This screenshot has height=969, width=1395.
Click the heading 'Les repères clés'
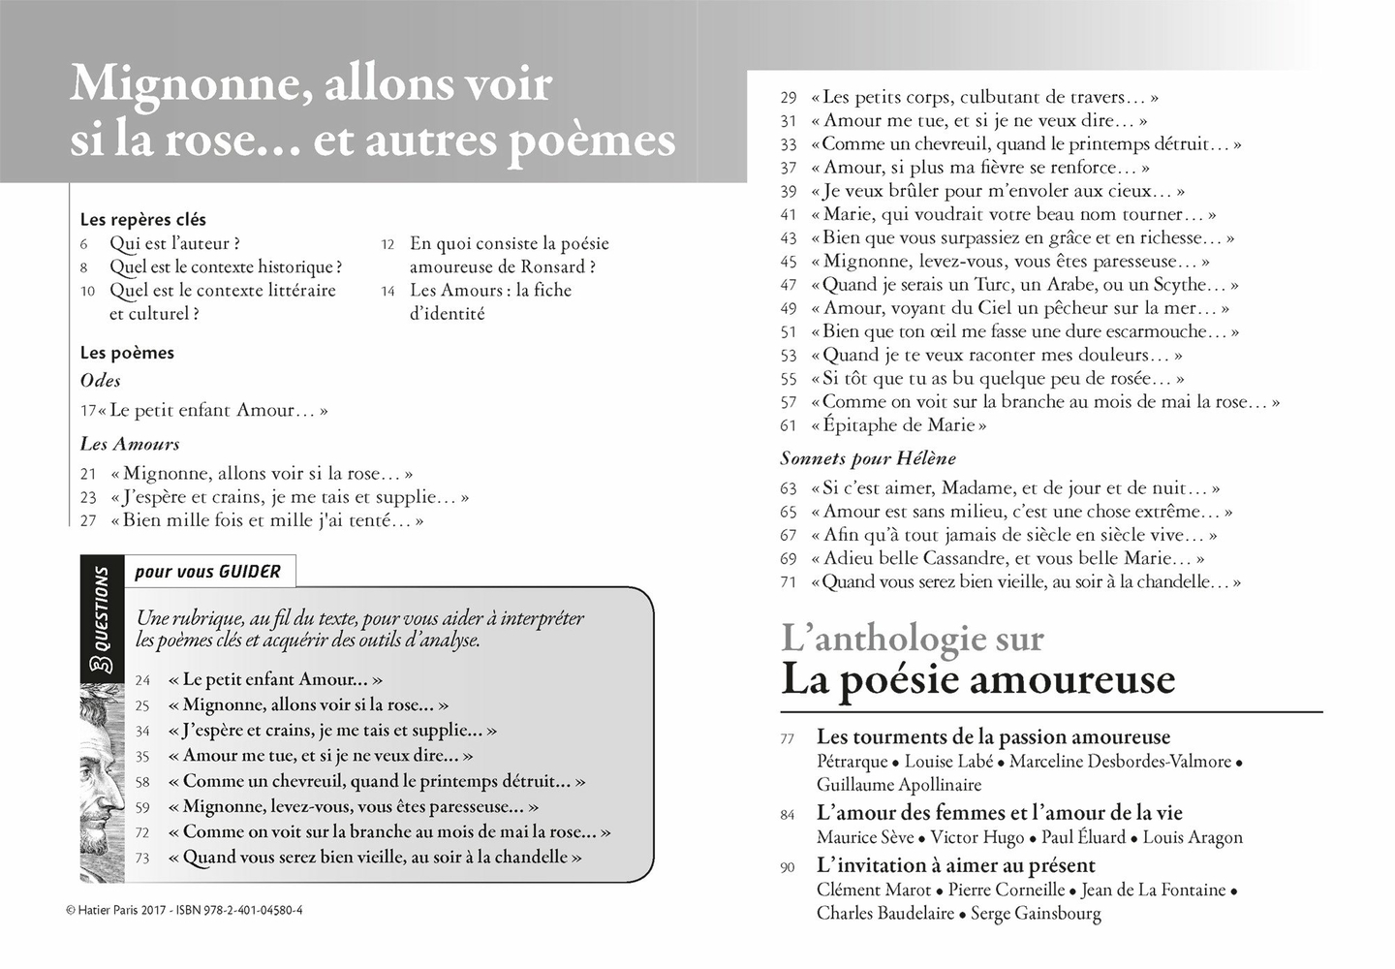point(142,220)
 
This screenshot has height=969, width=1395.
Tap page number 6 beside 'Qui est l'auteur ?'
point(84,244)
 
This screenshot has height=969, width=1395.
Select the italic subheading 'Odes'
point(100,381)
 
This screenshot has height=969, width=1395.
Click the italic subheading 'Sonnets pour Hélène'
point(867,458)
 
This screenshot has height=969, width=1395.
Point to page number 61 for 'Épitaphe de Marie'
point(789,425)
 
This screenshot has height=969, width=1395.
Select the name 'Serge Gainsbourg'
point(1036,914)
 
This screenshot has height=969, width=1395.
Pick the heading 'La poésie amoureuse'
point(977,679)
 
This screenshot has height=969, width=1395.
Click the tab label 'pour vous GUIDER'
point(207,572)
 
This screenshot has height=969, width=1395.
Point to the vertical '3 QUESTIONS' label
point(102,620)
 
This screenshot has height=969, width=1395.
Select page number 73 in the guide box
point(143,859)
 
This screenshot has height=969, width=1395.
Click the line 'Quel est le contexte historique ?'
point(225,267)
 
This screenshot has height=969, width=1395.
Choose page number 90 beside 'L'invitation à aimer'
point(789,867)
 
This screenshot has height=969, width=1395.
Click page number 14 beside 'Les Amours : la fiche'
point(387,292)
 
